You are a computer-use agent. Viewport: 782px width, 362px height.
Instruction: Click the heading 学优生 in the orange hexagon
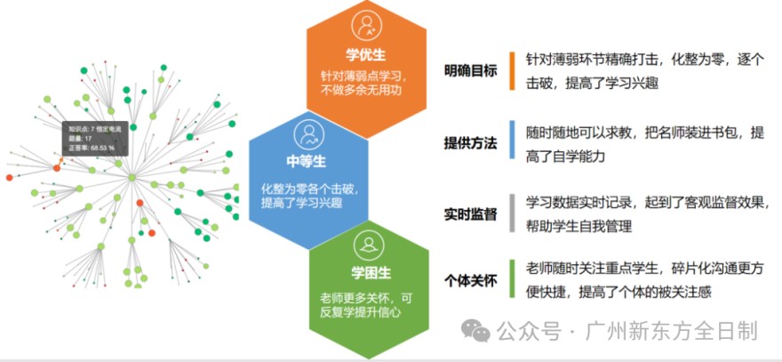[x=366, y=54]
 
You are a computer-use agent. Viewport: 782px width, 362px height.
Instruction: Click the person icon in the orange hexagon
[x=366, y=24]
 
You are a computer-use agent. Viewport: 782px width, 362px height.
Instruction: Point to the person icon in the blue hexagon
[x=307, y=133]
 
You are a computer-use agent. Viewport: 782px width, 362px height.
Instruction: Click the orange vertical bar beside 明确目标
[x=513, y=70]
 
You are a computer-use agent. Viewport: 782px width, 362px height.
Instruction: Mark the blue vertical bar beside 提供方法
[x=513, y=141]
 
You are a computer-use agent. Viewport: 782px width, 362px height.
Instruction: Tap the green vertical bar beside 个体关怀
[x=513, y=279]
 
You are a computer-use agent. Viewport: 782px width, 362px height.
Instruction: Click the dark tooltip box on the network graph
[x=95, y=138]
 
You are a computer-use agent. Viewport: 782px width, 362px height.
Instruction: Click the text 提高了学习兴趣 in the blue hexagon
[x=302, y=203]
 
